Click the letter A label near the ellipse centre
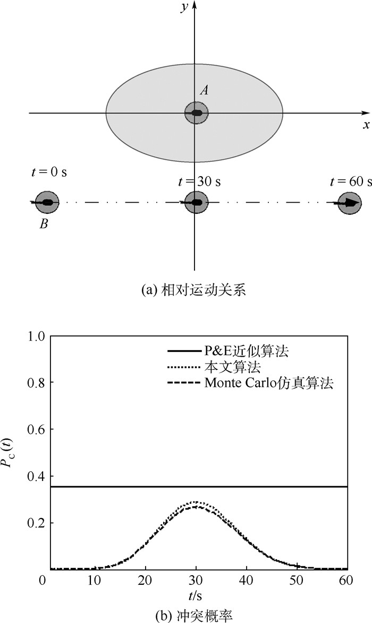204,91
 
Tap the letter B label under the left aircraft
44,224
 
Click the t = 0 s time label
49,172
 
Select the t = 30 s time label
199,181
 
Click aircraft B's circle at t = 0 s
47,202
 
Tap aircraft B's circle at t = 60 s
350,203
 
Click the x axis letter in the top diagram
366,125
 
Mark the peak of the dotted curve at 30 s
196,502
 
